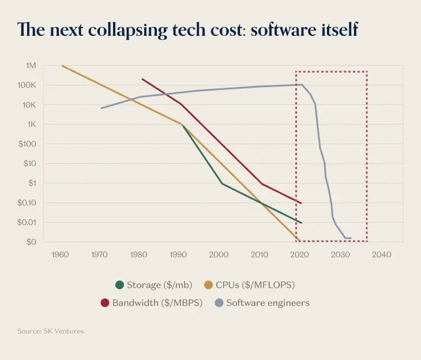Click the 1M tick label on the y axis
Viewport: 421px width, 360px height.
(30, 66)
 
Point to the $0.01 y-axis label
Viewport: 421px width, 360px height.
(27, 223)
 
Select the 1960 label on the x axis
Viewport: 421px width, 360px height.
(60, 254)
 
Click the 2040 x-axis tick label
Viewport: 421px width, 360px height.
(382, 254)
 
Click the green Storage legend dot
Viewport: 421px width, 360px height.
(120, 284)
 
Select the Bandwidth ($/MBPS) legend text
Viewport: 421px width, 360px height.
(157, 303)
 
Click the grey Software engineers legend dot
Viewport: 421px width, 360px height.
(219, 303)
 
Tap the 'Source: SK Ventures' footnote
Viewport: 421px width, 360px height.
(51, 331)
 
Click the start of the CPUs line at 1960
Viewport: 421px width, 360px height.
(62, 66)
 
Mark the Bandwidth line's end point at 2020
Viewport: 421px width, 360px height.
(301, 203)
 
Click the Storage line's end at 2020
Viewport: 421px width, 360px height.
(301, 223)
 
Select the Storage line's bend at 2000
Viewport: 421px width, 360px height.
(222, 184)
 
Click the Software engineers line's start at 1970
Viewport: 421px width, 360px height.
(102, 108)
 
